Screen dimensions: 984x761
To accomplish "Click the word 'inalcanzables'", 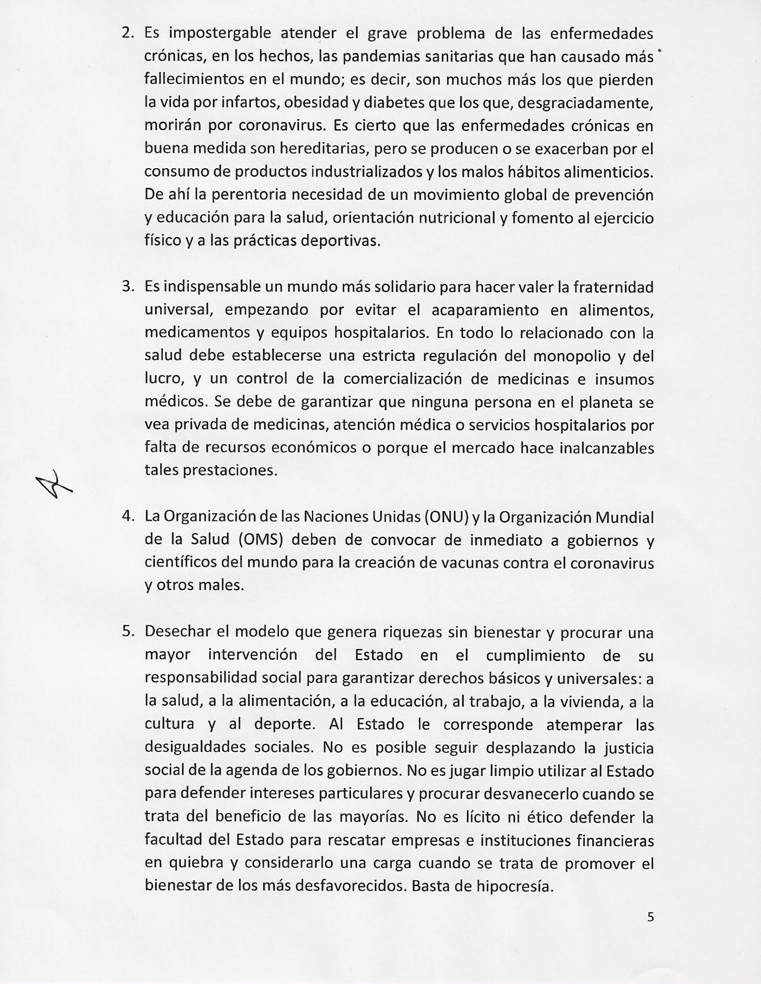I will (x=607, y=448).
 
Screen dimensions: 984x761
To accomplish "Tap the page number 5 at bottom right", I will (x=650, y=917).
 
